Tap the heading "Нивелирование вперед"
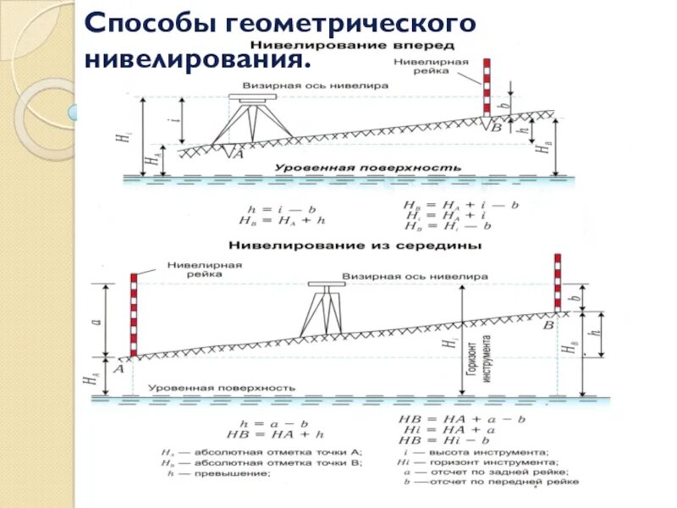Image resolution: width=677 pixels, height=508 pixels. [x=355, y=44]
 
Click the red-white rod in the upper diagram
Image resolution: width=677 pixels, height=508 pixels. [x=486, y=87]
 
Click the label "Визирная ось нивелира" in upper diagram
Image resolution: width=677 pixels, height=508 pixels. [x=316, y=86]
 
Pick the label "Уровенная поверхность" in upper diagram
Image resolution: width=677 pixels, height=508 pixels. [x=366, y=168]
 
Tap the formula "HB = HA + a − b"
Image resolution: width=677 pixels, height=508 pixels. [x=463, y=419]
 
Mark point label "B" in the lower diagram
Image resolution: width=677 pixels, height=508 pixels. [x=548, y=324]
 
